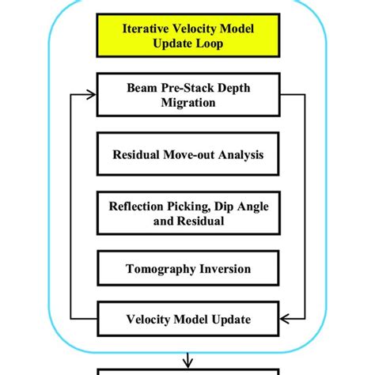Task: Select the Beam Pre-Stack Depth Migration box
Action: pyautogui.click(x=187, y=95)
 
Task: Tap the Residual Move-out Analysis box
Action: pyautogui.click(x=187, y=155)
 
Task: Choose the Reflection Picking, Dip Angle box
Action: pyautogui.click(x=187, y=213)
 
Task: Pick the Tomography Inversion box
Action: pyautogui.click(x=187, y=269)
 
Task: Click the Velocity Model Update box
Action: pyautogui.click(x=187, y=320)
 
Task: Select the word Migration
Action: pyautogui.click(x=187, y=103)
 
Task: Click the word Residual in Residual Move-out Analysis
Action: pyautogui.click(x=132, y=156)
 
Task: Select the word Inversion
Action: pyautogui.click(x=223, y=269)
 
